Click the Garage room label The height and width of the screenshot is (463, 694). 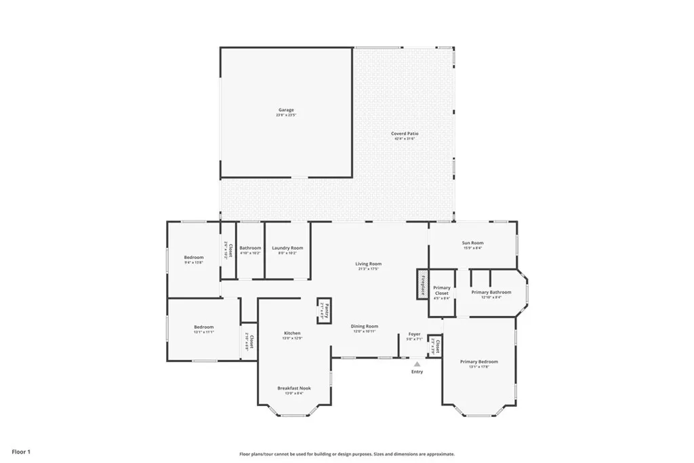click(286, 110)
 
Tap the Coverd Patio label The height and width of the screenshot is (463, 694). click(405, 134)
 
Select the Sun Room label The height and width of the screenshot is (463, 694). click(472, 243)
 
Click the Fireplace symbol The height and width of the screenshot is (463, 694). click(422, 283)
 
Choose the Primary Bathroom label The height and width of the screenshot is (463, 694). click(491, 292)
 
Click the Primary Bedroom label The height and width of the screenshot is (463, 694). click(479, 362)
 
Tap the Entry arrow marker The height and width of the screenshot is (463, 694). click(417, 364)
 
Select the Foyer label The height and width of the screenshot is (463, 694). click(414, 334)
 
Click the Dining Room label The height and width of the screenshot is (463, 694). click(365, 327)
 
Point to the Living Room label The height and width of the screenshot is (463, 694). click(369, 264)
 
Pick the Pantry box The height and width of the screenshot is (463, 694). click(325, 311)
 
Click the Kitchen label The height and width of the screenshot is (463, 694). click(292, 334)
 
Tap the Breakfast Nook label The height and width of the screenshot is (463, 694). click(294, 388)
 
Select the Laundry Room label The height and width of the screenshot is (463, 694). click(287, 248)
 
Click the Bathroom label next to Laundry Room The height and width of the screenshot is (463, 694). click(250, 248)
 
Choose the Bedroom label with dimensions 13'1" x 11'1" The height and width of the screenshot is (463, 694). click(203, 327)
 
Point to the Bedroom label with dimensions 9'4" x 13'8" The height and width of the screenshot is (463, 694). click(194, 258)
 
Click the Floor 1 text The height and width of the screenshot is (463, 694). click(21, 451)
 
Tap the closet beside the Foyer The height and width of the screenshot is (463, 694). click(437, 347)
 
